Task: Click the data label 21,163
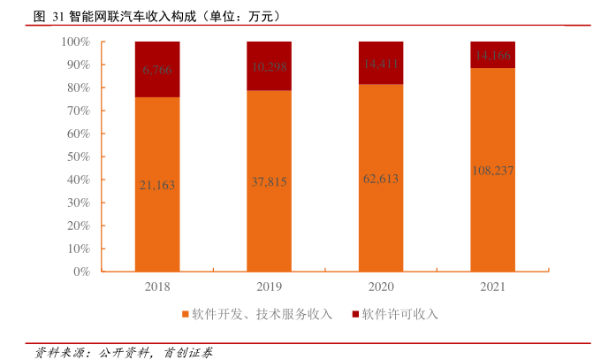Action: pos(157,185)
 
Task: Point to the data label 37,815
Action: pos(270,181)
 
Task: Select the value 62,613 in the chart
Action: pos(381,179)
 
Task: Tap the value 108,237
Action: pos(492,171)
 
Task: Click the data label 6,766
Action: pos(157,69)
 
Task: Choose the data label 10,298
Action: pos(270,66)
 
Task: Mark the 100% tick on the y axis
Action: pos(75,42)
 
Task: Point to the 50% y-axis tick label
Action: pos(78,157)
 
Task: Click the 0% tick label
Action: pos(81,272)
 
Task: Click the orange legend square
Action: pos(186,314)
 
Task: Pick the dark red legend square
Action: pos(355,314)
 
